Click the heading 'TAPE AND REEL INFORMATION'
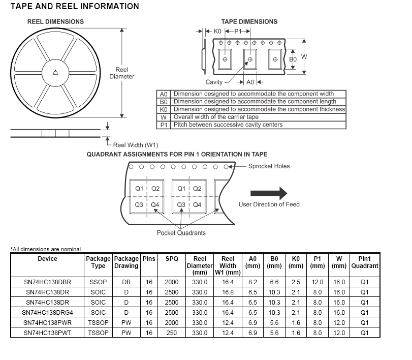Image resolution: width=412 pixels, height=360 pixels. click(75, 7)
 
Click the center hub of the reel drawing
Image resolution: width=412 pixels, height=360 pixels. click(55, 73)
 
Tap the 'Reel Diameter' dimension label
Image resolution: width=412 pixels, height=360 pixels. click(122, 73)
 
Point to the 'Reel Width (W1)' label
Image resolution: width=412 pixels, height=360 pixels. click(136, 145)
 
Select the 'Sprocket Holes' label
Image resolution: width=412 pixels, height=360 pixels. click(269, 166)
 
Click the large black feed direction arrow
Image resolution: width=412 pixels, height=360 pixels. click(268, 193)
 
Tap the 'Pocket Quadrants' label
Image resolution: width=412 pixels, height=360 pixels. click(181, 233)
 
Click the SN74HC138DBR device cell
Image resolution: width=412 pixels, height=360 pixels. click(47, 282)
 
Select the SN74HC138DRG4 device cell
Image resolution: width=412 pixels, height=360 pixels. click(47, 313)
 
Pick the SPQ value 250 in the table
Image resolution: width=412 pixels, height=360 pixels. click(172, 333)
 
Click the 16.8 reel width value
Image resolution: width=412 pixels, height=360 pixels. click(228, 292)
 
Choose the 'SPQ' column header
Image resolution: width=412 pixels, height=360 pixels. click(172, 259)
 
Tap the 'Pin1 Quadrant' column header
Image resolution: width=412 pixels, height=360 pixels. click(364, 262)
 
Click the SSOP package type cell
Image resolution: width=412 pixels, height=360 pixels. click(98, 282)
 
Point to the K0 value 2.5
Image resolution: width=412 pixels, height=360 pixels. click(296, 282)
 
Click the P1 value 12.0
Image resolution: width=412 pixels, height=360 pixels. click(318, 282)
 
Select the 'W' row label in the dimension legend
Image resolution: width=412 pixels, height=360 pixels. click(164, 117)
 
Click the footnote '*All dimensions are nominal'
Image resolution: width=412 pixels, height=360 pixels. click(46, 249)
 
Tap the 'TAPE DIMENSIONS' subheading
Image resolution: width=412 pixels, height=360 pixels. click(249, 22)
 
